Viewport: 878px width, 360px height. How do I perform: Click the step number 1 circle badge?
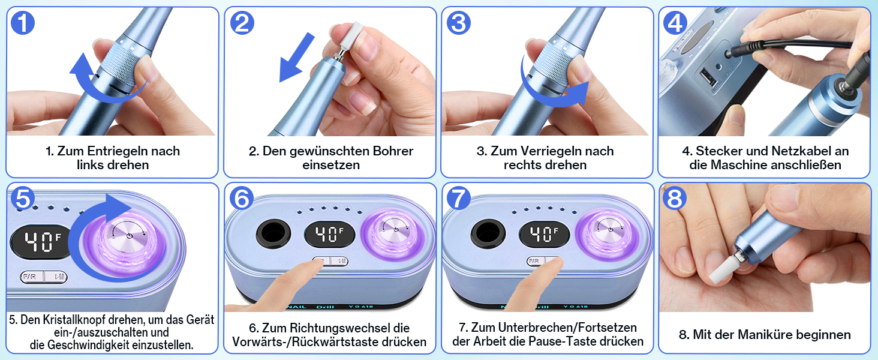click(x=23, y=23)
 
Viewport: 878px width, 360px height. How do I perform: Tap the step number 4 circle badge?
click(x=675, y=23)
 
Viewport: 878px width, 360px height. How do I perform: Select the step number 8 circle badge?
click(x=675, y=199)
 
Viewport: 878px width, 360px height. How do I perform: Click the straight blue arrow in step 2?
click(x=297, y=57)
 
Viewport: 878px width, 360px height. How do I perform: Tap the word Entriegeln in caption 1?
click(x=118, y=151)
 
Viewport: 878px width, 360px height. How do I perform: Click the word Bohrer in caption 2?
click(x=393, y=151)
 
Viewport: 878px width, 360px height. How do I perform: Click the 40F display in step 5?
click(x=41, y=242)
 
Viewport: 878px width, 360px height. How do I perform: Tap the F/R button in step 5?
click(x=31, y=277)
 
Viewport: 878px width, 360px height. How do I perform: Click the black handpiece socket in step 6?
click(x=273, y=234)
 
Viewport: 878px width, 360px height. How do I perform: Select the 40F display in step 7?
click(x=544, y=235)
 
